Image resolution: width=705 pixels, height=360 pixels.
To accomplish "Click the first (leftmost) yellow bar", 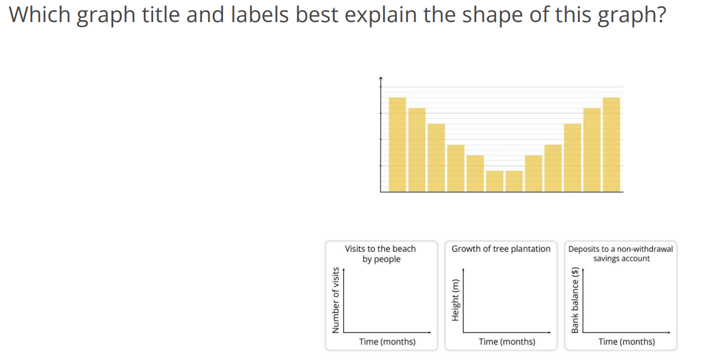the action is tap(397, 144).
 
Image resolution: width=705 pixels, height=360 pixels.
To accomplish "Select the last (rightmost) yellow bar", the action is tap(611, 144).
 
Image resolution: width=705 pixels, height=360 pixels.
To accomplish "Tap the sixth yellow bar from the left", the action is tap(494, 181).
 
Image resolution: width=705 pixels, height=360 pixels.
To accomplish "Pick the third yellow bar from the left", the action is tap(436, 158).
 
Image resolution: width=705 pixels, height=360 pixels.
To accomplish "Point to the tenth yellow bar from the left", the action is tap(572, 158).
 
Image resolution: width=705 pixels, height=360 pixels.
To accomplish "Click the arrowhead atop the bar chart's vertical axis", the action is tap(381, 78).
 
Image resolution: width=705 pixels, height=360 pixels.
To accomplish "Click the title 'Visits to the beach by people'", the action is tap(381, 254).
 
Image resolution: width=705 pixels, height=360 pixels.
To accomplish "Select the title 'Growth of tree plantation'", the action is tap(501, 249).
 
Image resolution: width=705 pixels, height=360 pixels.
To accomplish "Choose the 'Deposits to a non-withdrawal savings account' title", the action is tap(621, 254).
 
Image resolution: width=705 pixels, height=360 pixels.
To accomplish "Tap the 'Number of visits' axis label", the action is tap(336, 300).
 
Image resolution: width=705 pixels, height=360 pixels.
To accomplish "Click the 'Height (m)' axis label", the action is tap(455, 300).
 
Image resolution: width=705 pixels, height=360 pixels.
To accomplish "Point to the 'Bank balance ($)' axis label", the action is tap(575, 300).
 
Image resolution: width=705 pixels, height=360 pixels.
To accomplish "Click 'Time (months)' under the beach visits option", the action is tap(387, 342).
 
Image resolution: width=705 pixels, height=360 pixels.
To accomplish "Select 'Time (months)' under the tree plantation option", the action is tap(507, 342).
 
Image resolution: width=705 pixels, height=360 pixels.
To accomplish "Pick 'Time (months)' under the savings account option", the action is tap(627, 342).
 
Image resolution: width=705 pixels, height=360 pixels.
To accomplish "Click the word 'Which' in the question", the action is tap(39, 15).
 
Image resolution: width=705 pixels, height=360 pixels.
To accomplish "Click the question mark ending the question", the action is tap(660, 15).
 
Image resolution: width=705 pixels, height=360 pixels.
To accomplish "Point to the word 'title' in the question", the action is tap(161, 15).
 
